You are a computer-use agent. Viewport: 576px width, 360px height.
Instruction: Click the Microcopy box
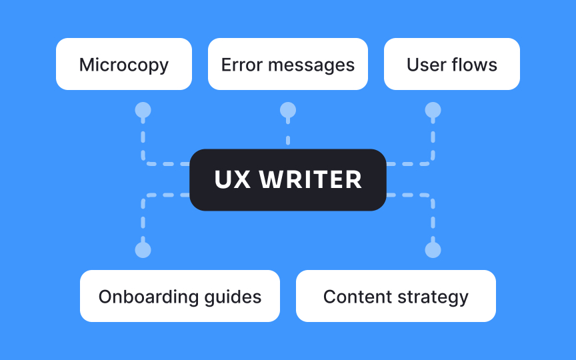tap(124, 64)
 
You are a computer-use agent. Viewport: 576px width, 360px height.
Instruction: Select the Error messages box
tap(288, 64)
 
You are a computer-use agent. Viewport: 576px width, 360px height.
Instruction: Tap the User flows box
tap(452, 64)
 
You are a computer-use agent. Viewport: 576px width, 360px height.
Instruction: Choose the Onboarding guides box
tap(180, 296)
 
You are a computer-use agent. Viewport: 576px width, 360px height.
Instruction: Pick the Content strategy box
tap(396, 296)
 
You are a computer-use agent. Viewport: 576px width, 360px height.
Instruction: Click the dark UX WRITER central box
tap(288, 180)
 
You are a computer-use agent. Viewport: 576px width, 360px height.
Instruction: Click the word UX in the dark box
tap(233, 180)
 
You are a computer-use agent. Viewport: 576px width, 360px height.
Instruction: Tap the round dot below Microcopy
tap(143, 110)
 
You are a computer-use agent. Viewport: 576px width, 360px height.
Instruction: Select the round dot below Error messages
tap(288, 110)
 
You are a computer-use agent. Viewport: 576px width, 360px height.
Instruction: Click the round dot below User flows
tap(433, 110)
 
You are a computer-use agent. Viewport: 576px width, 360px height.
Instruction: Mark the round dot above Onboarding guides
tap(143, 250)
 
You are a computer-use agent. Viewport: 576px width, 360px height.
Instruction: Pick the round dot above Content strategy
tap(433, 250)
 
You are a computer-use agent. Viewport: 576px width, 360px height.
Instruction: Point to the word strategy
tap(436, 297)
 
